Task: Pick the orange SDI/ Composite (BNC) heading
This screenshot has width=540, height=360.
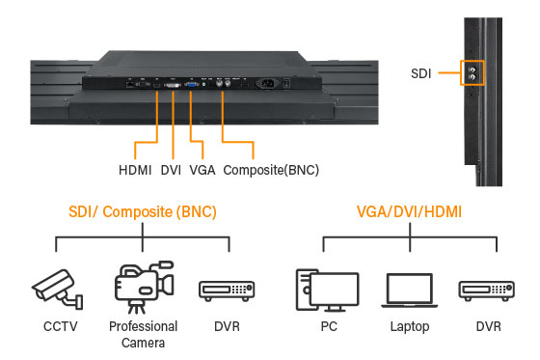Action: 142,211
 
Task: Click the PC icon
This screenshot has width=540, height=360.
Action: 327,288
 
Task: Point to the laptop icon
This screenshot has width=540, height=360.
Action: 409,289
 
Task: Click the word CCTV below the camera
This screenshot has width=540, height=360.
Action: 55,326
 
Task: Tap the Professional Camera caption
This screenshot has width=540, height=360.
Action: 142,334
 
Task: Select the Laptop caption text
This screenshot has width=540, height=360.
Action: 409,326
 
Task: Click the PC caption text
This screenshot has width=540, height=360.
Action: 328,326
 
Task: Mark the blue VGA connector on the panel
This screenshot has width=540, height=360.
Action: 191,84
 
